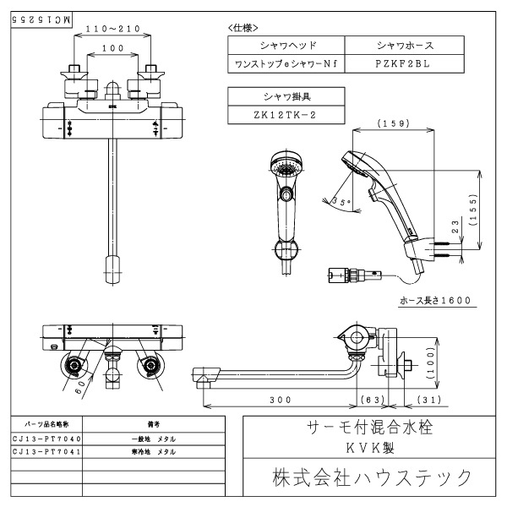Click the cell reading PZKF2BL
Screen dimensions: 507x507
(x=405, y=63)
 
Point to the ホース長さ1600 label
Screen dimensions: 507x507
(x=434, y=300)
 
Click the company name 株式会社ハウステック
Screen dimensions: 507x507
(x=371, y=477)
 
